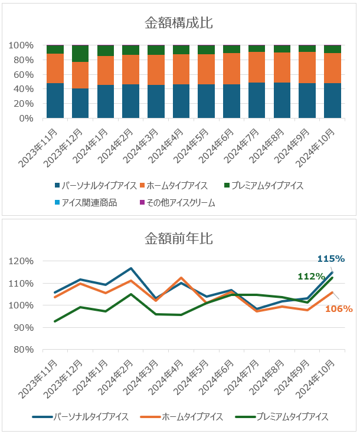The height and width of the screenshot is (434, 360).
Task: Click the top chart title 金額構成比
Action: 179,23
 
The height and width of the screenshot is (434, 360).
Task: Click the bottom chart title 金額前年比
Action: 179,239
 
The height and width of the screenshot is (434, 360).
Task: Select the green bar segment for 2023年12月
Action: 80,54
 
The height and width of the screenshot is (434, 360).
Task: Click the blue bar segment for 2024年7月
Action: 257,100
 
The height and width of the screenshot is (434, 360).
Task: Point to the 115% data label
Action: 330,259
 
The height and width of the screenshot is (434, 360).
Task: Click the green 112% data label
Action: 311,277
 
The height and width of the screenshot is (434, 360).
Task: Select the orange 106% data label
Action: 339,308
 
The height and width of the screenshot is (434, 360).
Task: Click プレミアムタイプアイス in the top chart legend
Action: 267,185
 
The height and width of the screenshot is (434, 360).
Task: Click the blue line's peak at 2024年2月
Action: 130,268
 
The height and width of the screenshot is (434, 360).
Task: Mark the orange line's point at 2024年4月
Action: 181,278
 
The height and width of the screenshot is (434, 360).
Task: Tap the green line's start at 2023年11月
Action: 55,321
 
